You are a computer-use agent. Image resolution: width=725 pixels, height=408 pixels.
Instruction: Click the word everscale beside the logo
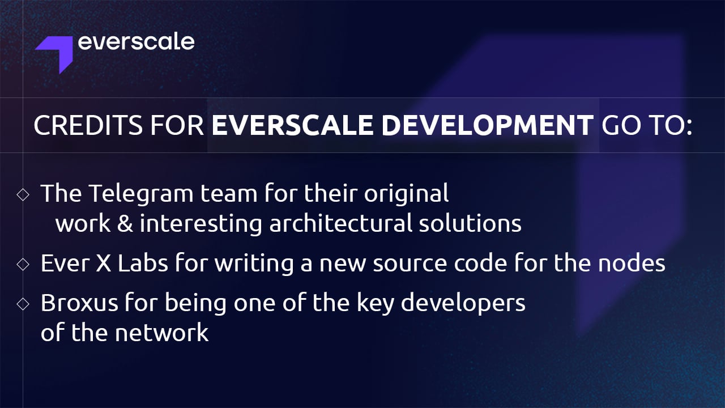tap(136, 42)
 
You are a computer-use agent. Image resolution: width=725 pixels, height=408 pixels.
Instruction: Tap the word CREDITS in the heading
tap(88, 125)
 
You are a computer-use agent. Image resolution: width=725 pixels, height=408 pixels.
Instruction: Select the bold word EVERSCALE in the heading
tap(292, 125)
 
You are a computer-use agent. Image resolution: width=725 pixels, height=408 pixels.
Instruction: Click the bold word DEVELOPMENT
tap(488, 125)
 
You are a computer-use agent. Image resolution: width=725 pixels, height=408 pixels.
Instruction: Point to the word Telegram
tap(141, 194)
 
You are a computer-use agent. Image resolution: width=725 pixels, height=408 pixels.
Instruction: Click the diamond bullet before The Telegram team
tap(23, 194)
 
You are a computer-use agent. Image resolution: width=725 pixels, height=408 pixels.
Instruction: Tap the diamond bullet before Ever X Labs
tap(23, 264)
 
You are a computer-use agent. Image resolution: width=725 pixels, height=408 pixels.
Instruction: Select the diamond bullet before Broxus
tap(23, 304)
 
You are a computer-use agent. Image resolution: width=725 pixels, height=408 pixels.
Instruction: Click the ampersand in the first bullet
tap(125, 223)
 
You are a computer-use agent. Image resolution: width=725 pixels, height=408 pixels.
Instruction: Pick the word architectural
tap(341, 223)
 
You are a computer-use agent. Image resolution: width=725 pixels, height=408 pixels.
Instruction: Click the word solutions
tap(470, 223)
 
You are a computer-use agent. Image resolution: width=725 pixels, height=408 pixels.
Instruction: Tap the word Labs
tap(143, 262)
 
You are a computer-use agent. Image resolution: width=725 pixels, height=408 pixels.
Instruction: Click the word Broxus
tap(79, 303)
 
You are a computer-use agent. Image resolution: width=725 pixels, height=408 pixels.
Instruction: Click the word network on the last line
tap(162, 332)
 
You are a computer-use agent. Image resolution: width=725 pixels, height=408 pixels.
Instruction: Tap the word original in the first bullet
tap(407, 194)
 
